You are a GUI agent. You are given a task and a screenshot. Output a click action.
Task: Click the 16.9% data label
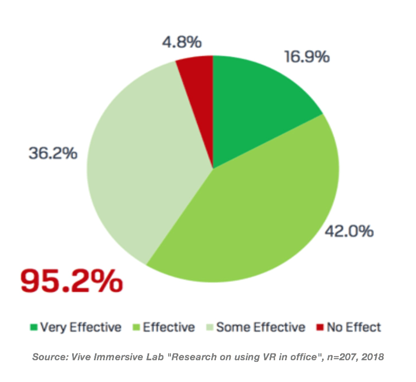pos(307,56)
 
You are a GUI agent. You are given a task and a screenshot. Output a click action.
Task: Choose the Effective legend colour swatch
pos(135,327)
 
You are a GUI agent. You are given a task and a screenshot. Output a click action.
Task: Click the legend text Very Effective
pos(81,327)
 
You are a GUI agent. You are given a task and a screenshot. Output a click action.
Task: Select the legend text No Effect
pos(353,327)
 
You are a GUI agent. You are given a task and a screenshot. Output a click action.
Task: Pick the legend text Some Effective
pos(261,327)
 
